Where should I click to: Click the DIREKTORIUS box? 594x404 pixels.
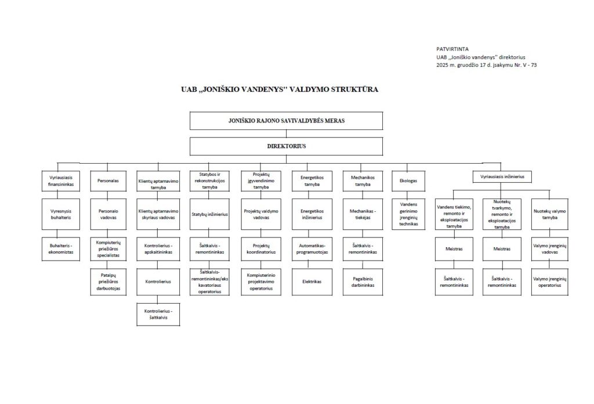(287, 146)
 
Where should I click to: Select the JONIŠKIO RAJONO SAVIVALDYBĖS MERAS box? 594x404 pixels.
(287, 121)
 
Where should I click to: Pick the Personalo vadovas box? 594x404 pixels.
(108, 214)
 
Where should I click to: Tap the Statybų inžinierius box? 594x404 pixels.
(209, 214)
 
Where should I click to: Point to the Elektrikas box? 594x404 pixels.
(312, 282)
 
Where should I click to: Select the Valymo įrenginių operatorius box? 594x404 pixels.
(550, 282)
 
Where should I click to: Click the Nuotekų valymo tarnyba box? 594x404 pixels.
(550, 214)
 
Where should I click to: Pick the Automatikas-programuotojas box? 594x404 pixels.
(312, 248)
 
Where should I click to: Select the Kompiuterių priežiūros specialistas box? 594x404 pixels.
(108, 248)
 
